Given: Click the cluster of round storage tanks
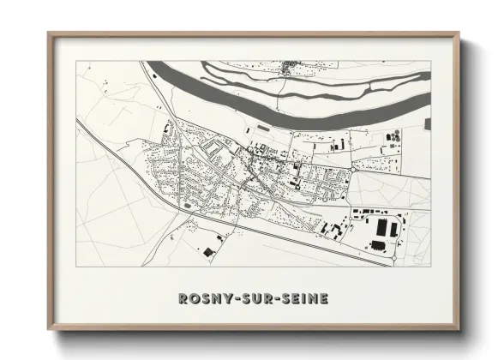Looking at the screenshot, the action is (x=393, y=137).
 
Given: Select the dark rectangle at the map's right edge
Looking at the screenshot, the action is (x=427, y=124).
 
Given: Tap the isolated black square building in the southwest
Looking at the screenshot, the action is (x=207, y=250).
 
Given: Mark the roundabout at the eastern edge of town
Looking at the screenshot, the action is (x=351, y=173).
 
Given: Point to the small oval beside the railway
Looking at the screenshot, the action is (x=183, y=205).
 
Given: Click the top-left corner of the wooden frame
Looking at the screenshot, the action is (x=50, y=35).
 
